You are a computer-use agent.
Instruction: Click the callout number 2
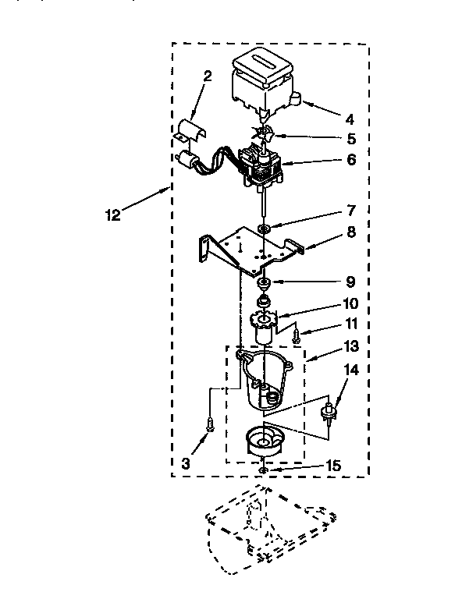point(208,76)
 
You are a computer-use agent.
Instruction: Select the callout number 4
point(350,120)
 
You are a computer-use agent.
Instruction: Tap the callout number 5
point(351,140)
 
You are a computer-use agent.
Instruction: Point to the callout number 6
point(351,160)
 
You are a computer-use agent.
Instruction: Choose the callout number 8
point(351,232)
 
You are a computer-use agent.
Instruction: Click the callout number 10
point(351,303)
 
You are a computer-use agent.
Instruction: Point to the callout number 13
point(351,346)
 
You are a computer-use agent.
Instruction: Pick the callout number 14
point(351,371)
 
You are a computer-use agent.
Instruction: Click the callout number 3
point(186,463)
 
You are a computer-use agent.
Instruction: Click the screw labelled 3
point(209,424)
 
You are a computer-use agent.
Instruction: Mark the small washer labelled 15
point(264,470)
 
